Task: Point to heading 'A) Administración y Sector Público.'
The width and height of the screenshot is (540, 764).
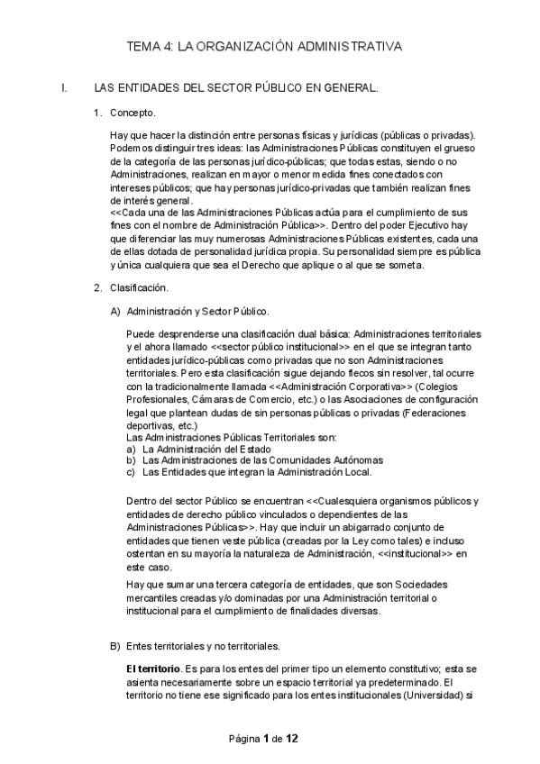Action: point(188,311)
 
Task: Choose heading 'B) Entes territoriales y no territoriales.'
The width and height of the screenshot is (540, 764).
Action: point(194,647)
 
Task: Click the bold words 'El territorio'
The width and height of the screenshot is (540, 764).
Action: point(152,669)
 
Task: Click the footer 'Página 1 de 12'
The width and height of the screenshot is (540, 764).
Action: point(264,739)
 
